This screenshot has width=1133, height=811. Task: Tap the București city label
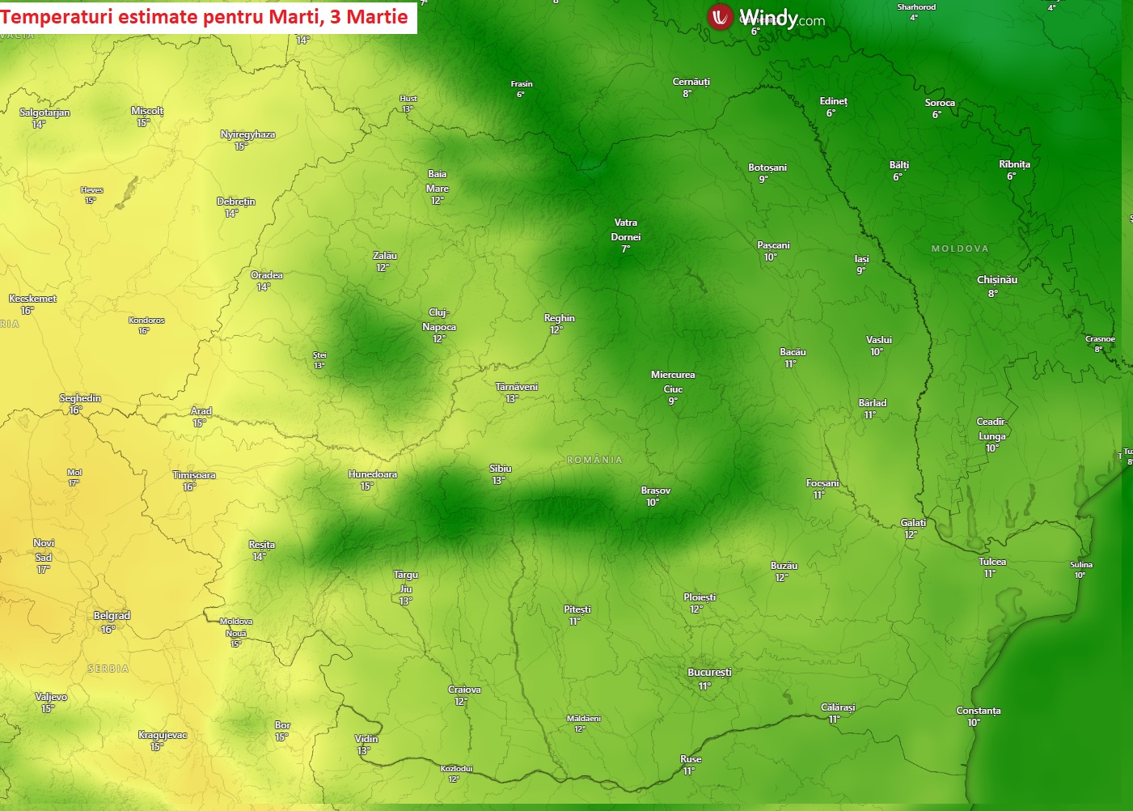point(709,673)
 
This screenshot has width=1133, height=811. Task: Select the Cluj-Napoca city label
point(439,320)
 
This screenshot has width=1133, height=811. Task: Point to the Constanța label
point(979,711)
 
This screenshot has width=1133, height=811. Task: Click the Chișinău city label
point(997,280)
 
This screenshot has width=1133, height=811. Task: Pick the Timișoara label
point(194,475)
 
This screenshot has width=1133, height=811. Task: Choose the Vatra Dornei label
point(626,230)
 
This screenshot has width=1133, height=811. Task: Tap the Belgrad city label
point(112,616)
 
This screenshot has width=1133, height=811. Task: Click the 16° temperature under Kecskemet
point(27,311)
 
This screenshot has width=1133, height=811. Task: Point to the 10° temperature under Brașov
point(653,503)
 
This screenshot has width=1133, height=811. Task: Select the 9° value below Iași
point(861,271)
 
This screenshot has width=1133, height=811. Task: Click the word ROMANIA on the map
point(594,460)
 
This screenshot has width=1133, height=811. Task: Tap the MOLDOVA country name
point(960,248)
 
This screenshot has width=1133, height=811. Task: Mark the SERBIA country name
point(108,669)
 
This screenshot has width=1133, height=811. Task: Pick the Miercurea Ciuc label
point(673,382)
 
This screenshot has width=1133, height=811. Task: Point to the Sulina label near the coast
point(1081,565)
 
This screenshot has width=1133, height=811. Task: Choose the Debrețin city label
point(236,202)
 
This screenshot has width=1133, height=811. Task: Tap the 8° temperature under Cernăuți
point(687,94)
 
